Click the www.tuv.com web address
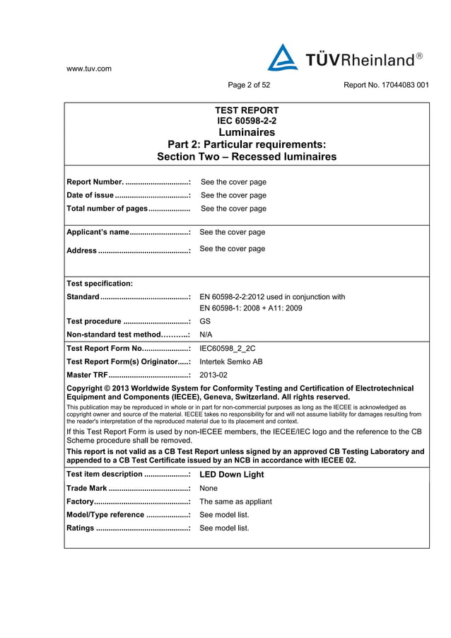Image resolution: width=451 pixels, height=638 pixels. pos(88,69)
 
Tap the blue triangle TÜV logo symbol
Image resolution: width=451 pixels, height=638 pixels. pos(282,58)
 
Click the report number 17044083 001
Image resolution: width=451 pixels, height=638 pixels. pos(386,86)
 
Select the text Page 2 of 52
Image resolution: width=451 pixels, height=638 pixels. pos(249,86)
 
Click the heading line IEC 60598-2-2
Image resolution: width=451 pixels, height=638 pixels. pos(246,121)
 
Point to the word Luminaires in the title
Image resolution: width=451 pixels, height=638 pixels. pos(246,132)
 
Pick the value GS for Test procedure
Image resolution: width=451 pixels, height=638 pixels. pos(206,321)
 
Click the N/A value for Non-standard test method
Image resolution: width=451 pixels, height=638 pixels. pos(207,335)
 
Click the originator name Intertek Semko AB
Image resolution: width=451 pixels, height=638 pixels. pos(231,361)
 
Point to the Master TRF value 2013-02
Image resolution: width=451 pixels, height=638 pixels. pos(213,375)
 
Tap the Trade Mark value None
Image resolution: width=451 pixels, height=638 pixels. pos(209,488)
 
